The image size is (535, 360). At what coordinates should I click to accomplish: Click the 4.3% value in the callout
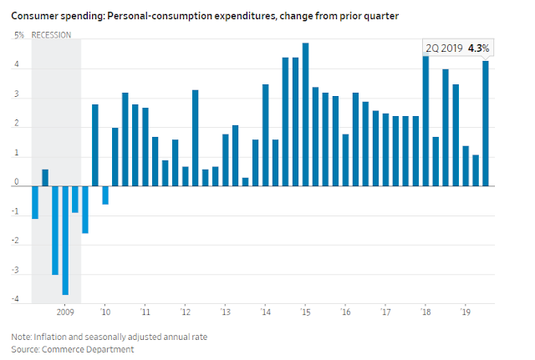pos(478,48)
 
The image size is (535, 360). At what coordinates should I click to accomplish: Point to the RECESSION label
pos(51,35)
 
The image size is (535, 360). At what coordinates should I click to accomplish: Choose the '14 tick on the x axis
pos(266,312)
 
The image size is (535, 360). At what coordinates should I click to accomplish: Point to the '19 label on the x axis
pos(466,312)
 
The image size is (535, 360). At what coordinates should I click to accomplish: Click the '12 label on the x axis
pos(186,312)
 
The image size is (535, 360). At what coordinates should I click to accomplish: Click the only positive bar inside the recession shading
pos(45,178)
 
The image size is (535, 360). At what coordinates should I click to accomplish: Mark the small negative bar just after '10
pos(105,195)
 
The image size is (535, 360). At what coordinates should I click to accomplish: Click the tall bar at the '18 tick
pos(425,121)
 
